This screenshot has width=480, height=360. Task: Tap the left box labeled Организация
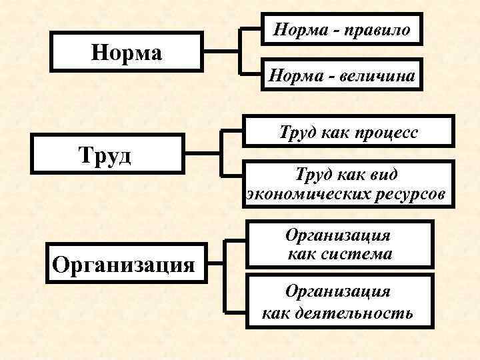[124, 263]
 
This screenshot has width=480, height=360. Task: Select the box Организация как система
[339, 245]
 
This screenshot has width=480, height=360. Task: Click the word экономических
[300, 194]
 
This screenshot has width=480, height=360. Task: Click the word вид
[384, 175]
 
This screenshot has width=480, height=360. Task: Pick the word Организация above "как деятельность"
[338, 291]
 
